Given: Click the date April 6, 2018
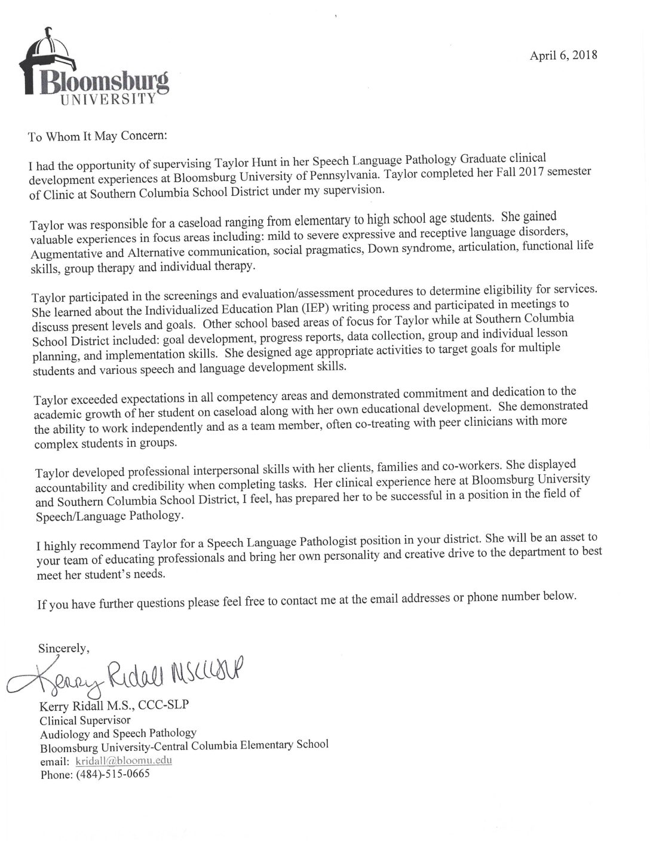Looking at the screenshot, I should (563, 56).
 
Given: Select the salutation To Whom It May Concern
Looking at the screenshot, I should (99, 136).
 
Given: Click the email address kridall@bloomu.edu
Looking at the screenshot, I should (124, 761).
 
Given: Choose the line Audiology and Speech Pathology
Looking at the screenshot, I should (118, 733).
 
